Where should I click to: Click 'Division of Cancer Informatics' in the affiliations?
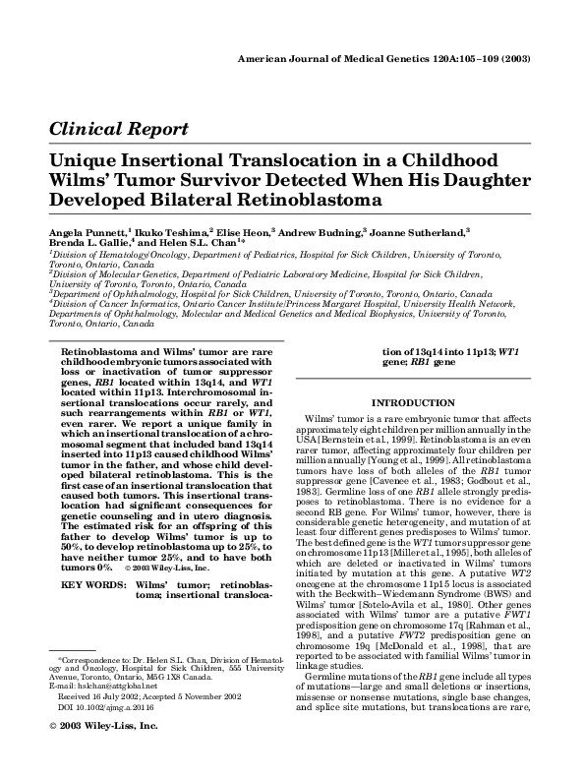(108, 305)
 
